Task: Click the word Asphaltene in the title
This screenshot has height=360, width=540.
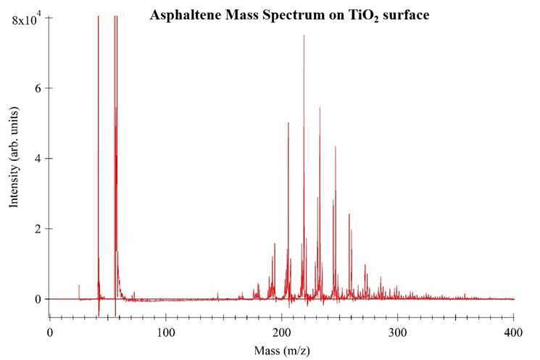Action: pos(180,14)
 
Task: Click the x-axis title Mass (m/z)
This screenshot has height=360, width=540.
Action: pos(281,351)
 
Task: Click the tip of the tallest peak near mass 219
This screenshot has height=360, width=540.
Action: pos(304,35)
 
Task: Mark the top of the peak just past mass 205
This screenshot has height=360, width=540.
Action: pos(288,123)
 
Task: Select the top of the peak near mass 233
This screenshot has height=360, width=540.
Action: pos(320,108)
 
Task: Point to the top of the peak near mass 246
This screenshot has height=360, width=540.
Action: pos(336,147)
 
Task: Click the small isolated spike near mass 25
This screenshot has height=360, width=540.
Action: pos(79,286)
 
